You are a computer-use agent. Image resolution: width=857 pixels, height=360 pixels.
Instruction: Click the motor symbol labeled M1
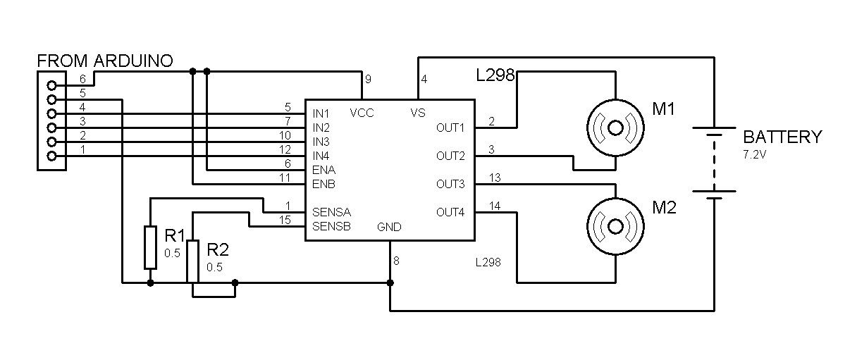(x=615, y=128)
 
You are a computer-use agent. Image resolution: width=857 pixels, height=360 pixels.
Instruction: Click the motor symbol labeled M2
(x=615, y=226)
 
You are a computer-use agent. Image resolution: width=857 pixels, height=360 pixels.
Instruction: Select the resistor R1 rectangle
(x=150, y=247)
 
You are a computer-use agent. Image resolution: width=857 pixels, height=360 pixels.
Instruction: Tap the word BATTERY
(x=782, y=137)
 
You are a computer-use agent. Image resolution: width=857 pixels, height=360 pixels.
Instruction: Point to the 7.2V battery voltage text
(x=754, y=154)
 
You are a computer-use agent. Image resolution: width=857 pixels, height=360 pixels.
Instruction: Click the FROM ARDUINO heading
(x=105, y=61)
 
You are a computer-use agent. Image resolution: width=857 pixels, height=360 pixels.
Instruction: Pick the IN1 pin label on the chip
(x=321, y=113)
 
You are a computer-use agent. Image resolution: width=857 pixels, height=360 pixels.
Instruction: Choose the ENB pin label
(x=323, y=184)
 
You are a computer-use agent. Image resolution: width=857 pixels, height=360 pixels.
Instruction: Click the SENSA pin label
(x=331, y=212)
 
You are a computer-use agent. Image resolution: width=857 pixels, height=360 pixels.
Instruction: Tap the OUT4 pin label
(x=450, y=212)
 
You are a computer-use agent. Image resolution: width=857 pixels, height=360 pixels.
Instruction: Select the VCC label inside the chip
(x=362, y=113)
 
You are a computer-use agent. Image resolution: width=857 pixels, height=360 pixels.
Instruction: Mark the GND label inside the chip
(x=389, y=227)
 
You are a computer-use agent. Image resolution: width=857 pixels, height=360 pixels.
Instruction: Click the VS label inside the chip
(x=418, y=113)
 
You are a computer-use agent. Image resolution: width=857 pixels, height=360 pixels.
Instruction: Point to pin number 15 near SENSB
(x=285, y=220)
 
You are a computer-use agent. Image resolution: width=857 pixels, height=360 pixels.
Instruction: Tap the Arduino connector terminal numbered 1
(x=51, y=156)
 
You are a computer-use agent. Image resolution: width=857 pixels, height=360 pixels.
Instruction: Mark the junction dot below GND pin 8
(x=390, y=283)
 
